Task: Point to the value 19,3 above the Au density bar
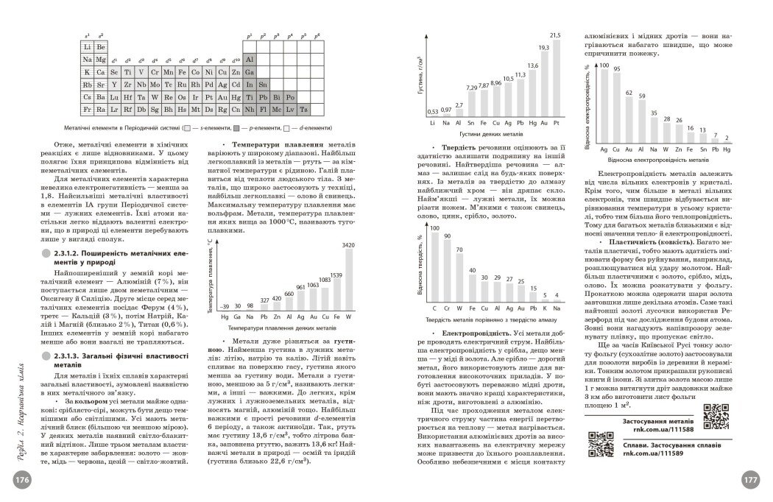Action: [x=543, y=47]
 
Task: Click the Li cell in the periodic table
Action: [x=88, y=46]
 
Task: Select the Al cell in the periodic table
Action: [x=249, y=59]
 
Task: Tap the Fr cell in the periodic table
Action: [x=88, y=109]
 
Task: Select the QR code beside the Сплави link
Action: [x=601, y=445]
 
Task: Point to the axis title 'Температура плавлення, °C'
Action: [x=208, y=277]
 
